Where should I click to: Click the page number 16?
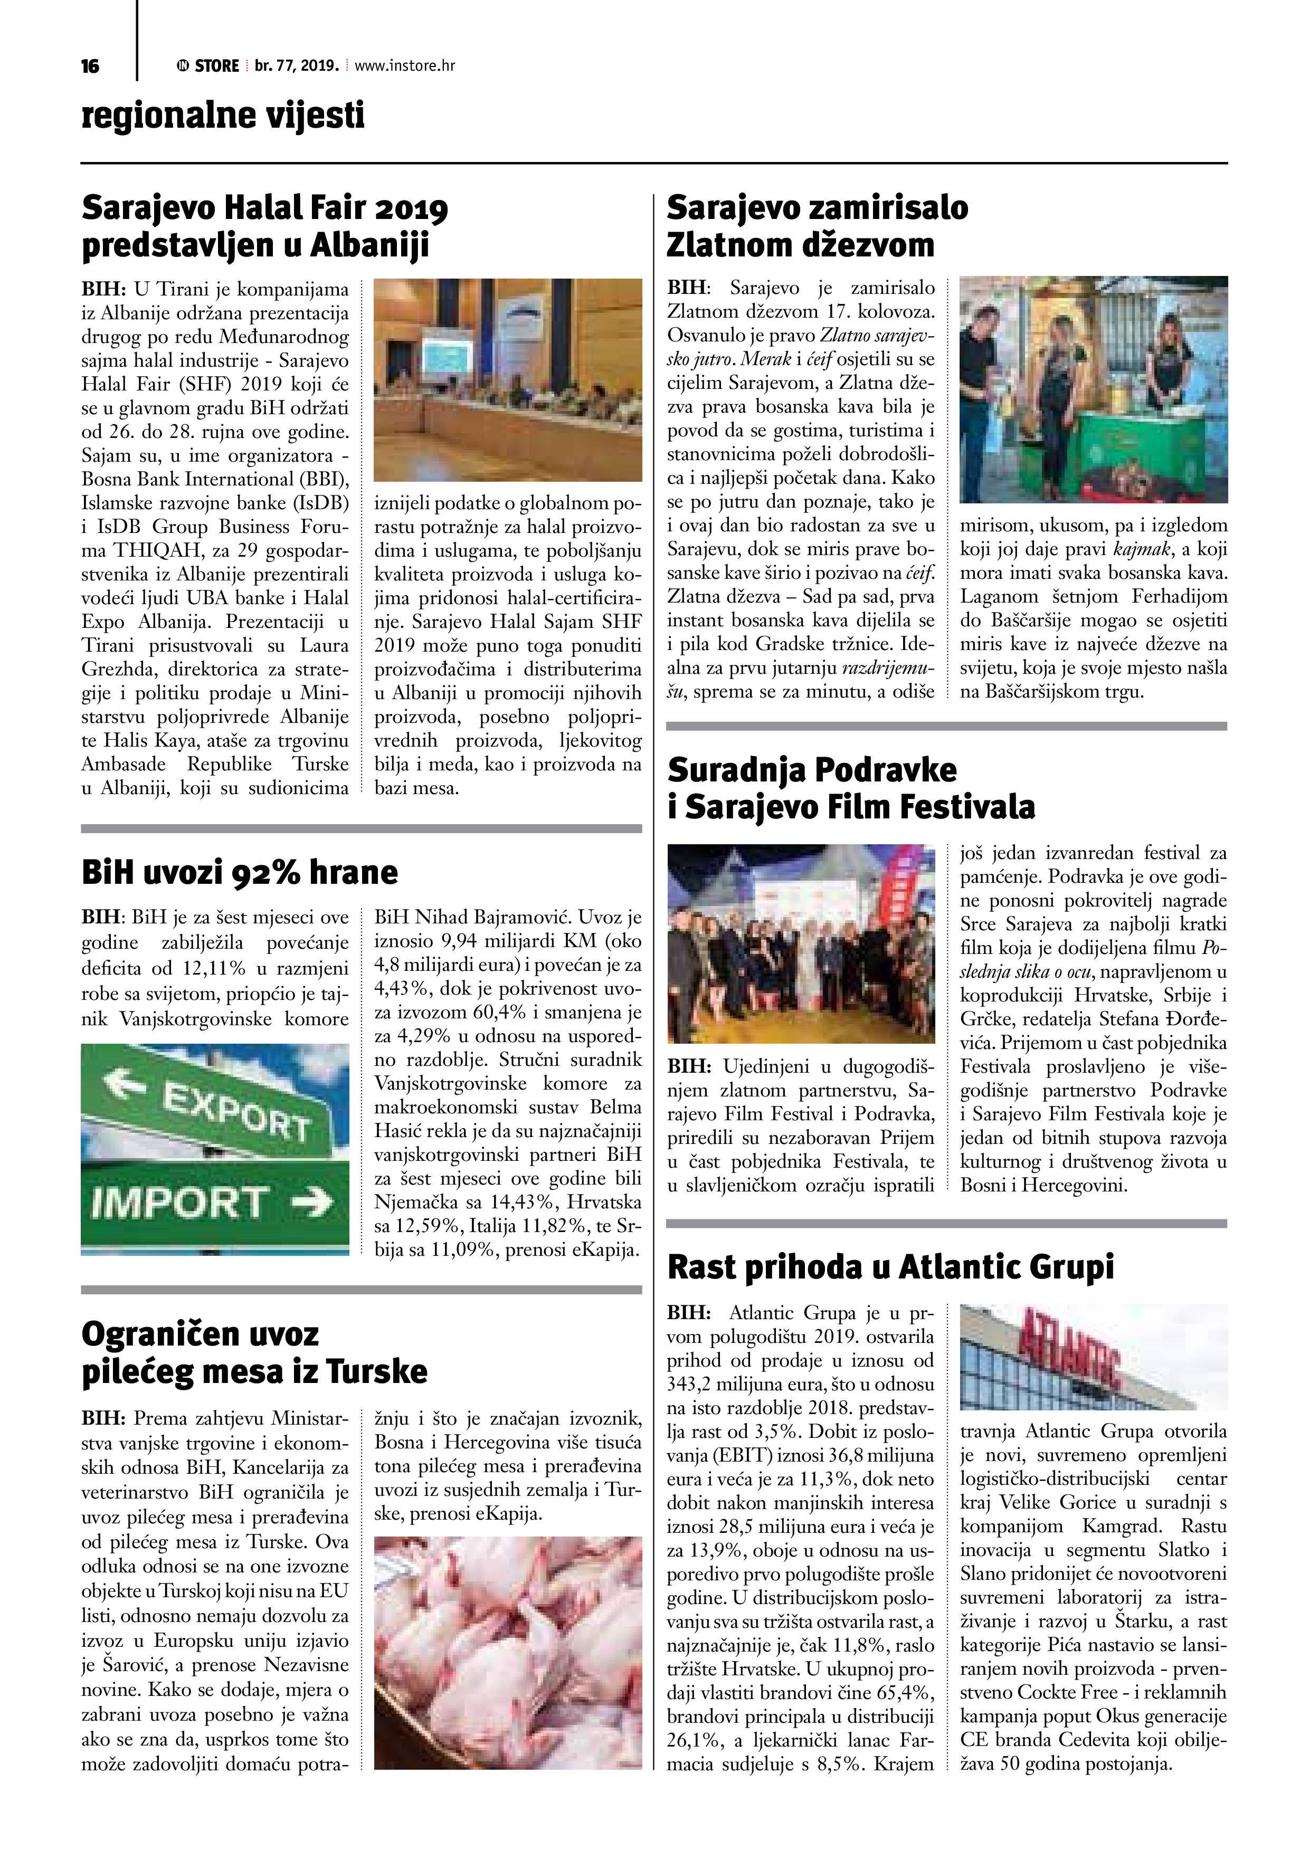tap(90, 66)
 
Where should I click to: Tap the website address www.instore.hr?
tap(404, 66)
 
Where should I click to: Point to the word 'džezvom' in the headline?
tap(872, 245)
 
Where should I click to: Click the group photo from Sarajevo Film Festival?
tap(801, 943)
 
